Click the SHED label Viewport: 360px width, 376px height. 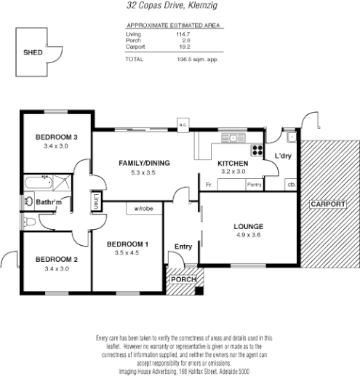click(x=33, y=52)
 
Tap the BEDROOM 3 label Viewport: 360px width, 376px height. click(x=56, y=137)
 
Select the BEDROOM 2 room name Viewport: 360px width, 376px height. click(x=56, y=259)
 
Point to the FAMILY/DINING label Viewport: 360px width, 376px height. click(x=144, y=163)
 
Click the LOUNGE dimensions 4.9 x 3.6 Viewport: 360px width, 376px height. click(x=249, y=235)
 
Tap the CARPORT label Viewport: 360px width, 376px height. click(x=328, y=204)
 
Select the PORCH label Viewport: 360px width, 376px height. click(x=183, y=279)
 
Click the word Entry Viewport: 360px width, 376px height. click(x=183, y=247)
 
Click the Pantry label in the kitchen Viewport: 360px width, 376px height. click(x=254, y=185)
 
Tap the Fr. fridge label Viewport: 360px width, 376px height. click(x=209, y=185)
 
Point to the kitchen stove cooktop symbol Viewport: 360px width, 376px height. click(x=257, y=151)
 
